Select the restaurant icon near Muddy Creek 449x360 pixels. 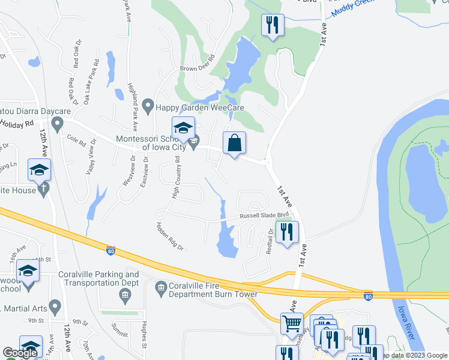click(273, 25)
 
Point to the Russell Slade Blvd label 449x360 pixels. click(265, 215)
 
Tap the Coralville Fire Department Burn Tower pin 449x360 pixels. click(160, 289)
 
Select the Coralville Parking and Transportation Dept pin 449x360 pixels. click(125, 294)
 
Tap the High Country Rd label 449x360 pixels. click(176, 178)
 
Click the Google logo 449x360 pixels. click(20, 353)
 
